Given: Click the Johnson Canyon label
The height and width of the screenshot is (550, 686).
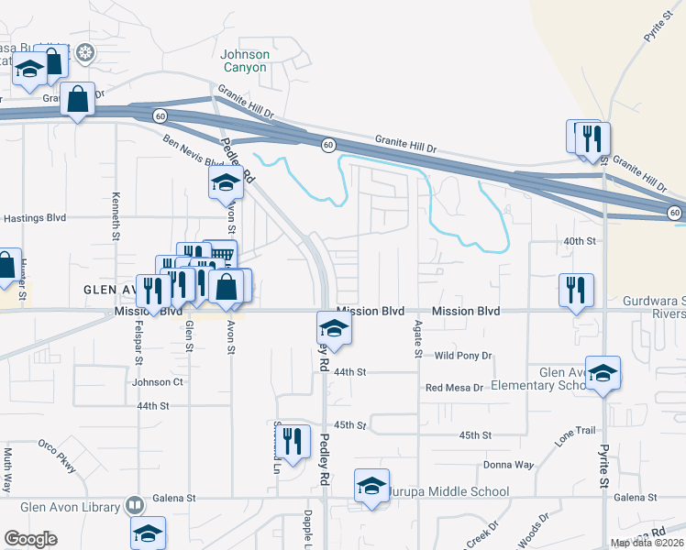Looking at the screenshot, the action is [245, 60].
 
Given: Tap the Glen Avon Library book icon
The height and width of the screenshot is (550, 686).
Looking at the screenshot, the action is [135, 506].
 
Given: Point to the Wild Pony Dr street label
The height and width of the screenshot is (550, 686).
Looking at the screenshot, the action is [463, 356].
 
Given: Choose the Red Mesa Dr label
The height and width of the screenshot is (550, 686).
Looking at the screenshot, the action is [454, 388].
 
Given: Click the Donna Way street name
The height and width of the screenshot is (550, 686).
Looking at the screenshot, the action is [508, 465].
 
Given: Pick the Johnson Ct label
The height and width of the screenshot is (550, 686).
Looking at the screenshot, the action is [158, 382].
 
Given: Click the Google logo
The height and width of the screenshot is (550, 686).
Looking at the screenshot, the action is [30, 539].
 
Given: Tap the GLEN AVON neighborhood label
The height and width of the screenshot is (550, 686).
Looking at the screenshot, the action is [111, 289].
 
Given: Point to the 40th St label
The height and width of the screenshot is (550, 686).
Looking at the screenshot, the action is [580, 241].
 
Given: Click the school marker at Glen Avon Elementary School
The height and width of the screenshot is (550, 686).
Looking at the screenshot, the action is [603, 373].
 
